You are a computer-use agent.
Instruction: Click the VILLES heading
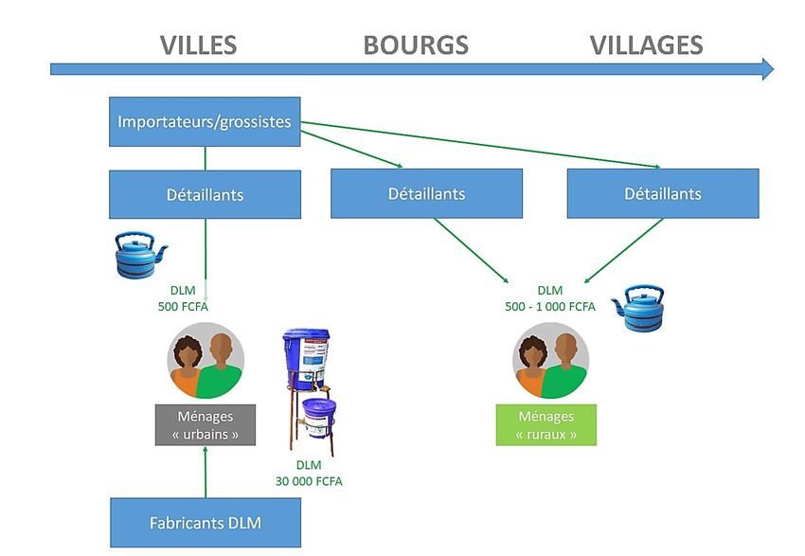click(x=198, y=45)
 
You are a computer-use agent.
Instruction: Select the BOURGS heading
click(x=416, y=45)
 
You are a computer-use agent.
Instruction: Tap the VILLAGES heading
click(x=646, y=45)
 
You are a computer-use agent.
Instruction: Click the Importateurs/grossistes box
click(x=205, y=121)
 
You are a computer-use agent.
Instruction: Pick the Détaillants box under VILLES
click(x=205, y=194)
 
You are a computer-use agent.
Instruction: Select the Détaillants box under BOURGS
click(x=426, y=193)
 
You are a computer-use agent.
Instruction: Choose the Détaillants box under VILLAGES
click(x=663, y=193)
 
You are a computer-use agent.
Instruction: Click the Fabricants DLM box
click(x=206, y=523)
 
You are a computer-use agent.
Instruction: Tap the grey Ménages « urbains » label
click(x=206, y=425)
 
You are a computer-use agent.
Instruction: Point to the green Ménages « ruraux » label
click(x=546, y=425)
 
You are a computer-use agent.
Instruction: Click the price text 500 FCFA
click(x=184, y=307)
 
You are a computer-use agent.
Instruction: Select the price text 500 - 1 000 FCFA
click(x=550, y=307)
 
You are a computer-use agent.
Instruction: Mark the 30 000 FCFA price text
click(x=309, y=481)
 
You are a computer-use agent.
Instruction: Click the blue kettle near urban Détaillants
click(x=139, y=255)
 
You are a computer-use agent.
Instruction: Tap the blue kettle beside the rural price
click(x=639, y=308)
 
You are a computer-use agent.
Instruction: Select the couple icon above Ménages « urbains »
click(x=206, y=360)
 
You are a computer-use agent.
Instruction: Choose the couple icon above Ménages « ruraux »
click(x=551, y=360)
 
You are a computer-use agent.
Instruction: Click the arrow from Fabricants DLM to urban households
click(x=206, y=472)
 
